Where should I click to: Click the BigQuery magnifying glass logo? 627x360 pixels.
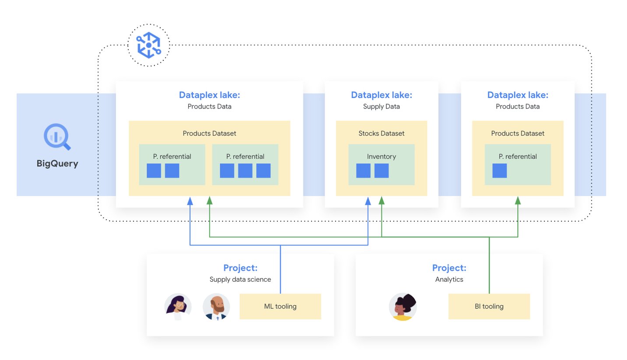pyautogui.click(x=57, y=136)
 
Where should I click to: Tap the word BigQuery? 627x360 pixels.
pyautogui.click(x=57, y=164)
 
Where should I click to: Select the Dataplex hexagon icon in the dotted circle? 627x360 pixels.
pyautogui.click(x=149, y=45)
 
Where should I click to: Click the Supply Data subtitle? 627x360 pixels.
pyautogui.click(x=381, y=107)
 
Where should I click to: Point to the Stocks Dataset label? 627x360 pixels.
pyautogui.click(x=381, y=133)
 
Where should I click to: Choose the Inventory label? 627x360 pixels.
pyautogui.click(x=381, y=157)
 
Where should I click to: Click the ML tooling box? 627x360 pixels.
pyautogui.click(x=280, y=306)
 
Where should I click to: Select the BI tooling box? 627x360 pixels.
pyautogui.click(x=489, y=306)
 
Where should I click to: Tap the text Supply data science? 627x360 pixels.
pyautogui.click(x=240, y=280)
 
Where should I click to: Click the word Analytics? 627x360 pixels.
pyautogui.click(x=449, y=280)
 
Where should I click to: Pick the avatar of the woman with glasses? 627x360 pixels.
pyautogui.click(x=178, y=307)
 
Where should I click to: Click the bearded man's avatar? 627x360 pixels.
pyautogui.click(x=216, y=307)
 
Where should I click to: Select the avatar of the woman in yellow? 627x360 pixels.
pyautogui.click(x=403, y=307)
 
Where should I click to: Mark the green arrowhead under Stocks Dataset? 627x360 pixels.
pyautogui.click(x=381, y=200)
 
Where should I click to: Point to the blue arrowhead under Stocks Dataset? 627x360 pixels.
pyautogui.click(x=368, y=201)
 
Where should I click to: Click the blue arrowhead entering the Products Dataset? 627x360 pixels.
pyautogui.click(x=190, y=201)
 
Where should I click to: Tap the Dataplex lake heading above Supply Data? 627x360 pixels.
pyautogui.click(x=381, y=95)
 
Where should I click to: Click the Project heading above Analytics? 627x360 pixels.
pyautogui.click(x=449, y=268)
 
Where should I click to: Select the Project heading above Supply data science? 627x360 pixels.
pyautogui.click(x=240, y=268)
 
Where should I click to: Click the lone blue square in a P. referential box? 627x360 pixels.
pyautogui.click(x=499, y=171)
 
